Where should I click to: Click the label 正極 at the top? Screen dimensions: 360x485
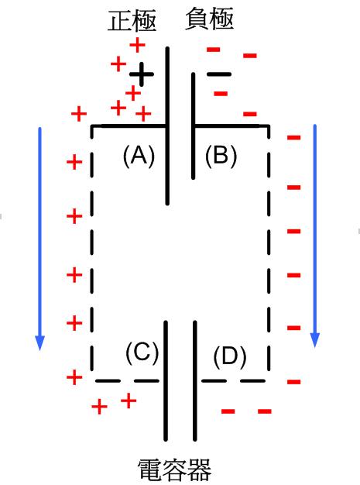(132, 21)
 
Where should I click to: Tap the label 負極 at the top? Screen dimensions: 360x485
(209, 19)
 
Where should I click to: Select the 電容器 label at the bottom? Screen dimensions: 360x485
(174, 470)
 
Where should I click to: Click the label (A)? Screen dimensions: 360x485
(139, 157)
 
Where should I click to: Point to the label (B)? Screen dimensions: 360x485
(221, 156)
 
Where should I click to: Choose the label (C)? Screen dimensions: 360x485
(142, 353)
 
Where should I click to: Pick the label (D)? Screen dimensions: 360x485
(230, 357)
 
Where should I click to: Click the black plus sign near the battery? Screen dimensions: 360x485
(141, 74)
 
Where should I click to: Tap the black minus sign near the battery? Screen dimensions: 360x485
(219, 74)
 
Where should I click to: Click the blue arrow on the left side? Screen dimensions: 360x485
(39, 239)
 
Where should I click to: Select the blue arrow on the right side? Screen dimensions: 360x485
(315, 236)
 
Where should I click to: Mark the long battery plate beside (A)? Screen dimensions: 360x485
(167, 126)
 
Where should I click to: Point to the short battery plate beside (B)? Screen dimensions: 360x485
(193, 126)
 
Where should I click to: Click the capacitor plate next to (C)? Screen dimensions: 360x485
(166, 380)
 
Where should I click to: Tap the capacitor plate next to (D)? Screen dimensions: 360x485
(194, 380)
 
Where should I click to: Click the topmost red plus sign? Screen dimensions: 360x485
(137, 45)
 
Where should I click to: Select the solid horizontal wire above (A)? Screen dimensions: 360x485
(129, 126)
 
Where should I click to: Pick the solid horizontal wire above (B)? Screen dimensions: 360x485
(231, 126)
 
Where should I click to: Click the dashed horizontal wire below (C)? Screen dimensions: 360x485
(127, 380)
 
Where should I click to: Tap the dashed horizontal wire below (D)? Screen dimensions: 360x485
(234, 380)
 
